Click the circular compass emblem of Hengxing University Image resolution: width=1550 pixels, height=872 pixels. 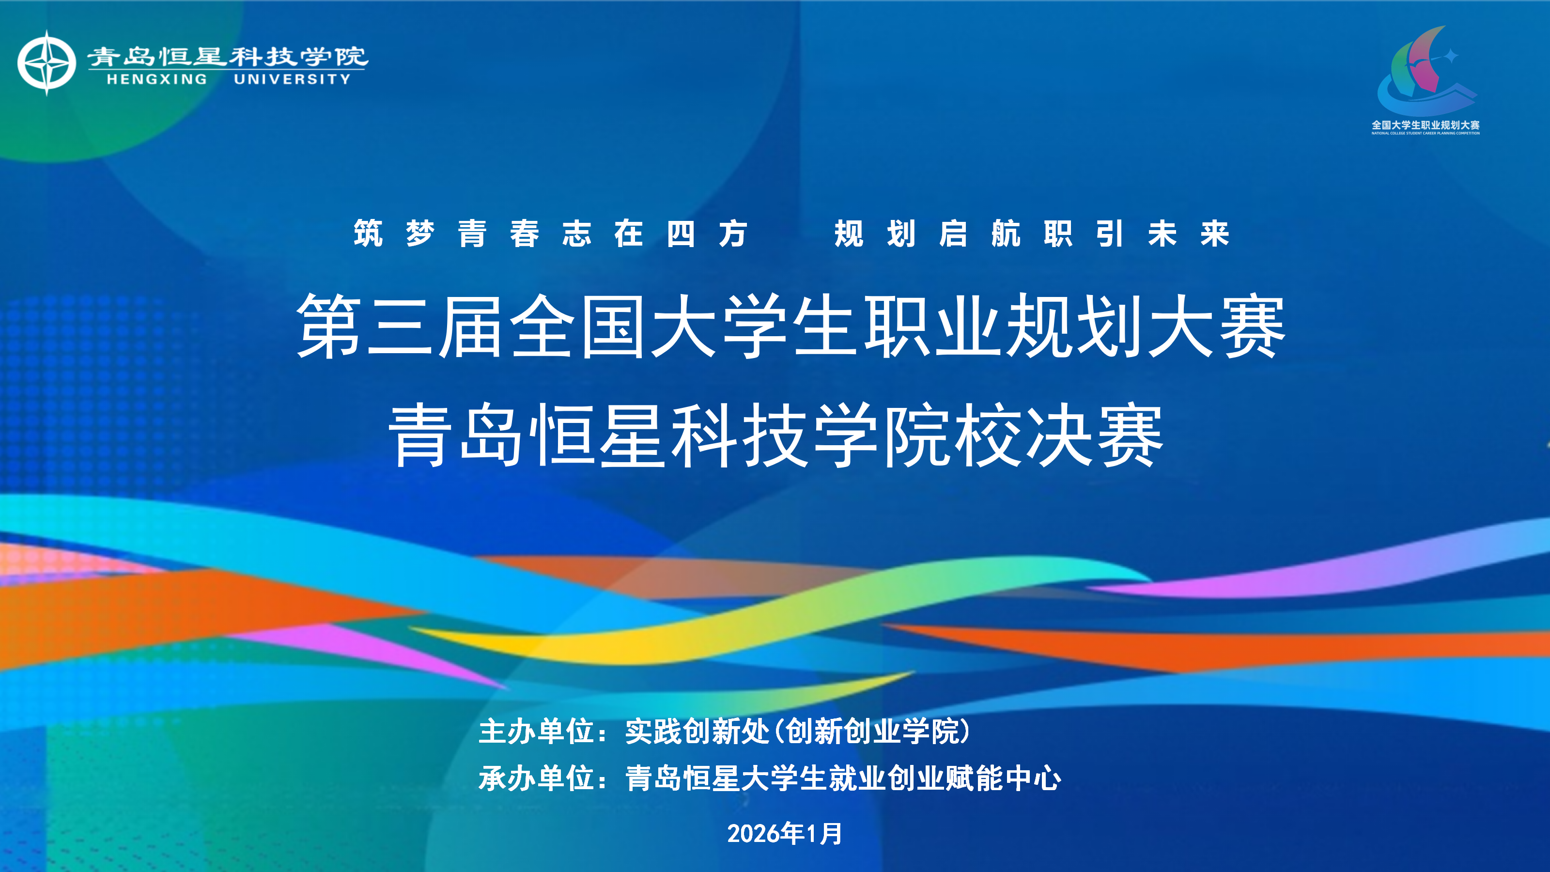[46, 62]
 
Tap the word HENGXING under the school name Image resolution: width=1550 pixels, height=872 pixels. [157, 79]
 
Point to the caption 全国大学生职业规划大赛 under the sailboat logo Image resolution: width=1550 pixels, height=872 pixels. [1426, 125]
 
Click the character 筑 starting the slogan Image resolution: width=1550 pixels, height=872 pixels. [368, 234]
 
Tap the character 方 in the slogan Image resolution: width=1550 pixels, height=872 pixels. [733, 234]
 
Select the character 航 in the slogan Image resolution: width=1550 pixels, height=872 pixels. [1006, 234]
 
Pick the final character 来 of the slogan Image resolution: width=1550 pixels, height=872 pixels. [1215, 234]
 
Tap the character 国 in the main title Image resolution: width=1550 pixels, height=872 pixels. [614, 326]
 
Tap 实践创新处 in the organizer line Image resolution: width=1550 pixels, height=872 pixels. [698, 731]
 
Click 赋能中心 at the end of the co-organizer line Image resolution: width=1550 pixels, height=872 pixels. [1004, 778]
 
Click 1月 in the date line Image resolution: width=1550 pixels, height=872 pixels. [824, 833]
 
